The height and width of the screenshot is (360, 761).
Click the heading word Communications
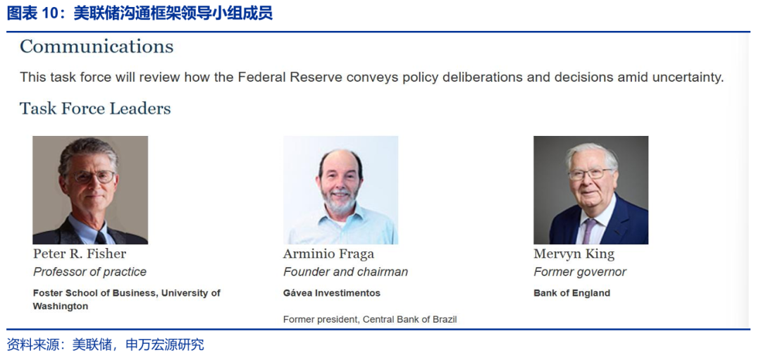[x=97, y=46]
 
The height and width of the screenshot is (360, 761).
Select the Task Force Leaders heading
[x=95, y=108]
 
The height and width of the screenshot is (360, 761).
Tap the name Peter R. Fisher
[x=80, y=254]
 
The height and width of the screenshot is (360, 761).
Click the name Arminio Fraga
[x=329, y=254]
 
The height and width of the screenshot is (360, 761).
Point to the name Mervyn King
[x=574, y=254]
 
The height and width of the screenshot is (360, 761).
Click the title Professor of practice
[x=89, y=272]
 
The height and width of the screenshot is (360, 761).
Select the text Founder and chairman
[x=345, y=272]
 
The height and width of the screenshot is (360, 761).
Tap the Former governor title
[x=580, y=272]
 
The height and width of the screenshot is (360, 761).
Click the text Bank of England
[x=571, y=293]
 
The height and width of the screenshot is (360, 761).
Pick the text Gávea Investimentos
[x=332, y=293]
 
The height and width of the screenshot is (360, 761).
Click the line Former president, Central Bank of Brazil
[x=371, y=319]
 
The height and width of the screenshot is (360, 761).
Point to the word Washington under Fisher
[x=61, y=306]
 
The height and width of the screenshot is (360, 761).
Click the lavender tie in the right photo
[x=588, y=231]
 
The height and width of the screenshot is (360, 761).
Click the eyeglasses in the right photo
[x=591, y=174]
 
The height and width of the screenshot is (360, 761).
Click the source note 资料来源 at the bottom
[x=32, y=345]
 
